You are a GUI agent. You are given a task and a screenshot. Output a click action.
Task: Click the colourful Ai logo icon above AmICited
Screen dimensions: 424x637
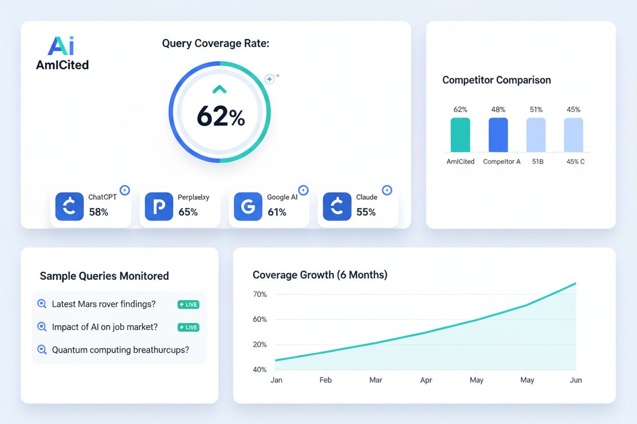coord(61,46)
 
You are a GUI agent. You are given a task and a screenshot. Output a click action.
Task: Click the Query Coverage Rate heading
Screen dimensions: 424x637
coord(215,43)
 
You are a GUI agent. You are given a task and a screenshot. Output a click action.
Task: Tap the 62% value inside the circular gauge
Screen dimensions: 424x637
coord(220,117)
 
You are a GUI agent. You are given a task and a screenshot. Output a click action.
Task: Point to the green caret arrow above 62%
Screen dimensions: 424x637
coord(219,90)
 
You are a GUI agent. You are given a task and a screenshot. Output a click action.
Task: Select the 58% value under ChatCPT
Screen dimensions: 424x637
coord(99,212)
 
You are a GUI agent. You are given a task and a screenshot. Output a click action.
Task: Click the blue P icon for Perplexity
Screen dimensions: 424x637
coord(159,206)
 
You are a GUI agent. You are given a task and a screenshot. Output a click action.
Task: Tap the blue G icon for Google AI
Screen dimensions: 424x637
coord(248,206)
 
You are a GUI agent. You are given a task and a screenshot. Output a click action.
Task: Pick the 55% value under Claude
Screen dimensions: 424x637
coord(366,212)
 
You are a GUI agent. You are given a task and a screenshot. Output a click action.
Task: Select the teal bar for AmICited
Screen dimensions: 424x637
coord(460,135)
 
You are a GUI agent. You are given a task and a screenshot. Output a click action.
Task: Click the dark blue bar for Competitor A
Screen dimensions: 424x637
coord(498,135)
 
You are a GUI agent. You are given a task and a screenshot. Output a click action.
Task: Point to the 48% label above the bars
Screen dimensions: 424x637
coord(498,110)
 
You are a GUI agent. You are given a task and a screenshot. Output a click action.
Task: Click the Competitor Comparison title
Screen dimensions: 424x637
coord(496,80)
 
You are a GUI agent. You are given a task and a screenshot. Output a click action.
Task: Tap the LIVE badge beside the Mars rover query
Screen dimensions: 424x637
coord(188,304)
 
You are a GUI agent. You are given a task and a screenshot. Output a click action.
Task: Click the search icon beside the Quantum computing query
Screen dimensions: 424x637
coord(42,350)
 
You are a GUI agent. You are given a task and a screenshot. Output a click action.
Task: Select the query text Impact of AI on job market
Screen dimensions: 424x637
coord(105,327)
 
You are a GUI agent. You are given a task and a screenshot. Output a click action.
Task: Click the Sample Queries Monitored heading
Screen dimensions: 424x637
coord(104,276)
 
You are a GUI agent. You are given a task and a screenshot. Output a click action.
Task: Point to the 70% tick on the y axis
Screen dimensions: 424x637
coord(260,295)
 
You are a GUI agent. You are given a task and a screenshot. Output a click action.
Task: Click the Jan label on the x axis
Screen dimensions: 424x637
coord(276,380)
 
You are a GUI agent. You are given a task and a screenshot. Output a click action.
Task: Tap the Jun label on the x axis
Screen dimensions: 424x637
coord(576,380)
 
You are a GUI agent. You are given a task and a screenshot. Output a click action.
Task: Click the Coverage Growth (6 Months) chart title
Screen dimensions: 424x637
coord(320,275)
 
